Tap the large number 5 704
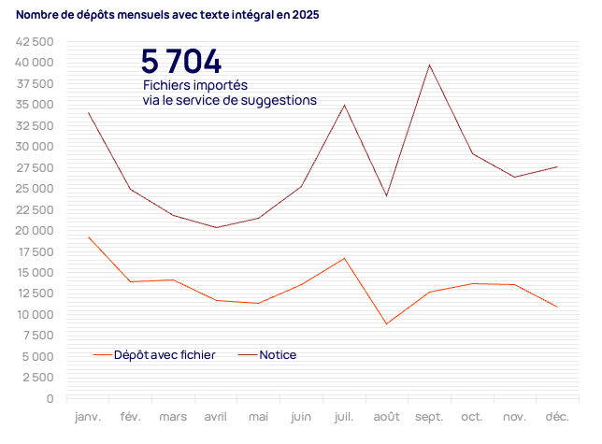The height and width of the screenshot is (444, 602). coord(181,62)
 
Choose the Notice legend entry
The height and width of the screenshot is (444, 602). coord(278,355)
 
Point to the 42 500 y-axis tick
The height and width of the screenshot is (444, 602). coord(34,42)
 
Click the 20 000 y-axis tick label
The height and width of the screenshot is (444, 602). coord(34,231)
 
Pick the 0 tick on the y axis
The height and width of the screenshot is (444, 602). coord(49,399)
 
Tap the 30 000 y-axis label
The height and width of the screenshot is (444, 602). coord(34,147)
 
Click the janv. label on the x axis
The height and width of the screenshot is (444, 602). coord(89,416)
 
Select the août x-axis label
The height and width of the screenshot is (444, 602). coord(386,416)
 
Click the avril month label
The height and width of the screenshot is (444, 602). coord(216,416)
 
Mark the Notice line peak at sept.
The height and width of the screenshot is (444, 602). coord(429,64)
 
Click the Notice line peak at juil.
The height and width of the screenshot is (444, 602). coord(344,105)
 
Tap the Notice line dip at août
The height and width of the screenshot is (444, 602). coord(386,195)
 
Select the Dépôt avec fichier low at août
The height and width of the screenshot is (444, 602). coord(386,323)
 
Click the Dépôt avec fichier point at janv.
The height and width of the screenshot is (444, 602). coord(89,237)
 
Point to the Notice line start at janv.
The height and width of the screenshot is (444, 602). coord(89,113)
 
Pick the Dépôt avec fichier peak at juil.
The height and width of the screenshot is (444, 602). coord(344,258)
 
